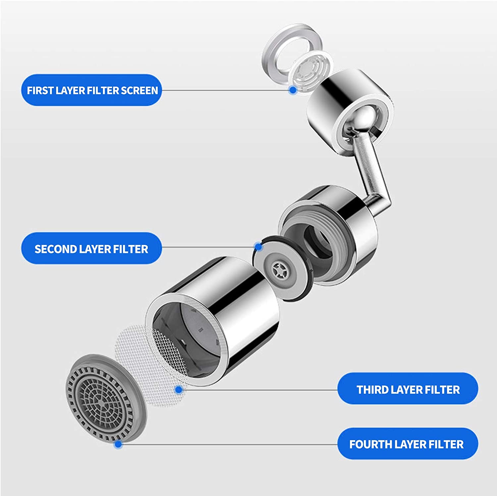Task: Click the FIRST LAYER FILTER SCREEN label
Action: tap(92, 90)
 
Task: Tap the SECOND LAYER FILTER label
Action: tap(91, 249)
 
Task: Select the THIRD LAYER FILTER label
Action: tap(408, 389)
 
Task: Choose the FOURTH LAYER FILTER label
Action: tap(407, 444)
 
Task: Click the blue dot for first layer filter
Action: tap(292, 89)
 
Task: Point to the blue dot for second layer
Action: tap(258, 247)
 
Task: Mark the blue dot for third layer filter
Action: tap(179, 390)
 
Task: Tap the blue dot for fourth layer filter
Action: tap(118, 444)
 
